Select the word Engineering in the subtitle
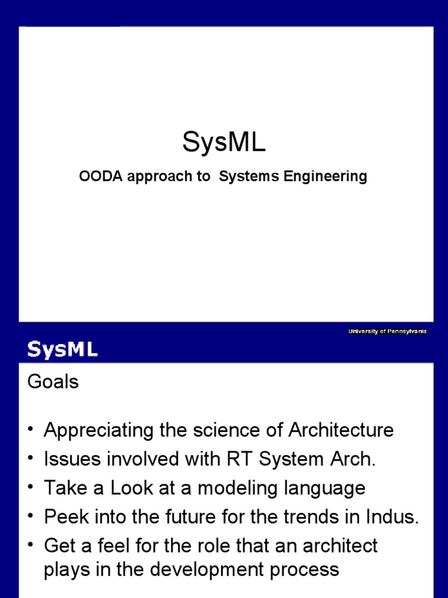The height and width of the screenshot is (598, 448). click(x=325, y=176)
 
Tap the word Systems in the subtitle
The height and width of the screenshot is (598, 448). click(x=249, y=176)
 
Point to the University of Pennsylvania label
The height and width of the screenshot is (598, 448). click(x=387, y=332)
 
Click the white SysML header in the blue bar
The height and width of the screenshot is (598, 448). click(x=62, y=350)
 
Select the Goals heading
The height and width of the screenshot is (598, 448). click(x=52, y=382)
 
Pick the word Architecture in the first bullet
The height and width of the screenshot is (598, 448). click(x=341, y=431)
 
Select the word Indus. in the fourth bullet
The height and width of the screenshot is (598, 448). click(x=393, y=517)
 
